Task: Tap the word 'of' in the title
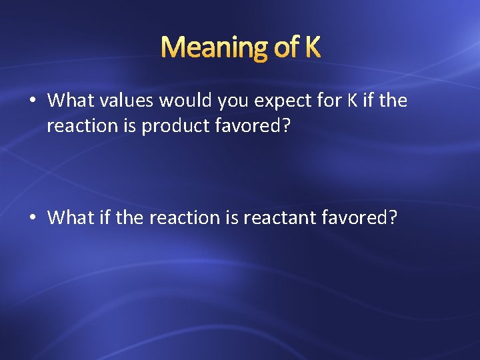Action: tap(281, 47)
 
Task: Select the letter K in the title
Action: tap(312, 47)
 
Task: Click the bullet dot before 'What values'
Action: tap(32, 101)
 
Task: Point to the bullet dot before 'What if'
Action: tap(32, 217)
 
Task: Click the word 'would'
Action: tap(180, 101)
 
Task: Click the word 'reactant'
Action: tap(278, 218)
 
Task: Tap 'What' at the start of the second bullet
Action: tap(67, 217)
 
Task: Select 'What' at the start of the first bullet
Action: tap(67, 101)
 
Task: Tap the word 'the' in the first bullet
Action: tap(394, 101)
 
